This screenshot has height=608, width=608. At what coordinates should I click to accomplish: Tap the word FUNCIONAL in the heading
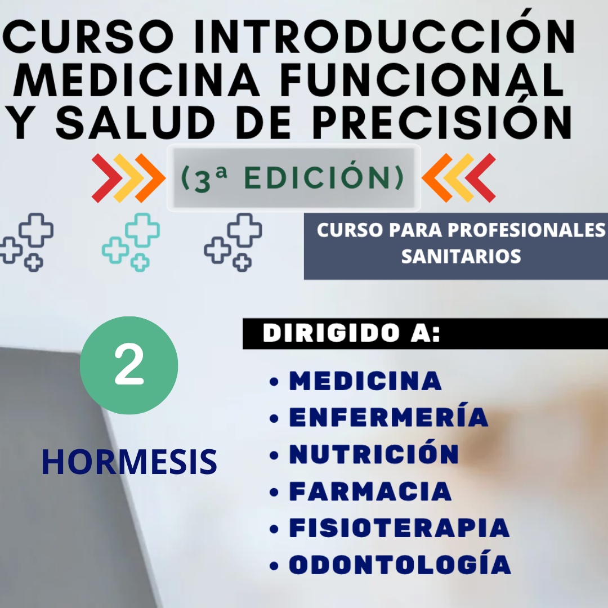tap(422, 79)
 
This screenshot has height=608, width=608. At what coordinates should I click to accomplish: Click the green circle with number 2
tap(129, 365)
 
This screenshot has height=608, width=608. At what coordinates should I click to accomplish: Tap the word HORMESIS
tap(129, 462)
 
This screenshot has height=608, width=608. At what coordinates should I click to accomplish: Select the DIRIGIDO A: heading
tap(351, 333)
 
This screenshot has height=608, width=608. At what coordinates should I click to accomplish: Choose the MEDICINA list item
tap(365, 381)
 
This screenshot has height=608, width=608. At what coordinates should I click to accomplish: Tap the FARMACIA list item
tap(370, 491)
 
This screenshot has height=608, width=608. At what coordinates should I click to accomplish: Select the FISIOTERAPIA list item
tap(399, 527)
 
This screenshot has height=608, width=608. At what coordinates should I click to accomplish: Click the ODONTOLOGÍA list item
tap(400, 562)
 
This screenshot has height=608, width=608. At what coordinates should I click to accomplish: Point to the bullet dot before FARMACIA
tap(274, 492)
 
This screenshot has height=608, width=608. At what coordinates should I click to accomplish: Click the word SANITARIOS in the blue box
tap(461, 256)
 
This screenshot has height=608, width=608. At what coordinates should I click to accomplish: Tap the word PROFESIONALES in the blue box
tap(526, 230)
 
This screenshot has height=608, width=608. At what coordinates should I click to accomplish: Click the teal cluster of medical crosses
tap(131, 242)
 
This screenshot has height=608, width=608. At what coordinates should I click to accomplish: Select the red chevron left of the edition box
tap(107, 178)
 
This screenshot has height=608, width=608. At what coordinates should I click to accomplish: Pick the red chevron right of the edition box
tap(480, 178)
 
